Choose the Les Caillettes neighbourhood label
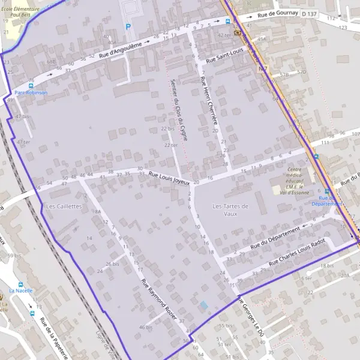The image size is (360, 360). click(63, 206)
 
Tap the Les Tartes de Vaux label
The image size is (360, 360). click(230, 209)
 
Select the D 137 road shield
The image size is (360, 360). click(309, 13)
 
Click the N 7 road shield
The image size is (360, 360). click(263, 70)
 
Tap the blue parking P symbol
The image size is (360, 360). click(127, 26)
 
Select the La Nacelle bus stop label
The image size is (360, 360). click(21, 291)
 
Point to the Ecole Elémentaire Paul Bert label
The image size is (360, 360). click(20, 13)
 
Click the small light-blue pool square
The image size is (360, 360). click(204, 305)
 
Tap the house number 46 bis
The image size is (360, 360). click(146, 327)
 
